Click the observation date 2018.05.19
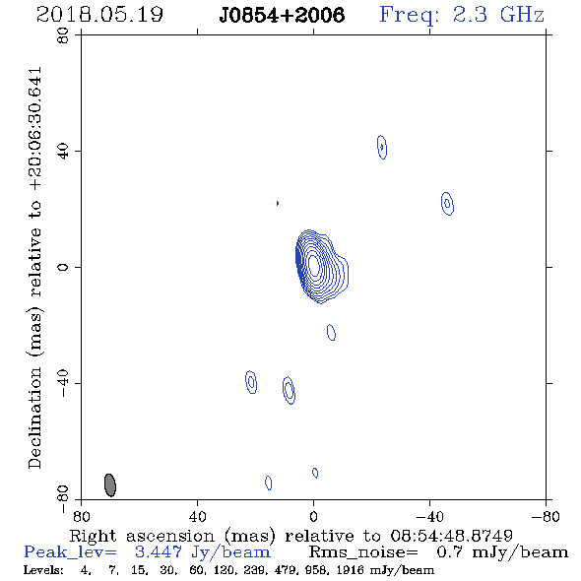point(99,15)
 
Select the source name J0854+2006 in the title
point(282,15)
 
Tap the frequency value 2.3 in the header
point(470,15)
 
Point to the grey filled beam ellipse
point(110,485)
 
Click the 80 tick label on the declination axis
point(63,35)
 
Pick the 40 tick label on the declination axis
point(63,152)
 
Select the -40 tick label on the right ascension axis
point(429,516)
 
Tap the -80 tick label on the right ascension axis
point(546,516)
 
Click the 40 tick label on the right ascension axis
point(197,516)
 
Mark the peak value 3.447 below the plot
point(159,552)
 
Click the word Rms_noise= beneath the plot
point(363,552)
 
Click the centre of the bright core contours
point(314,265)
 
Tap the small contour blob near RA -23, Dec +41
point(382,147)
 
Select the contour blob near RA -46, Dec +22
point(448,204)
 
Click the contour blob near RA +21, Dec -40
point(251,382)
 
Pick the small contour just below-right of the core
point(331,333)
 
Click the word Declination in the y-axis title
point(34,418)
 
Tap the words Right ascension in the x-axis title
point(142,537)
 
